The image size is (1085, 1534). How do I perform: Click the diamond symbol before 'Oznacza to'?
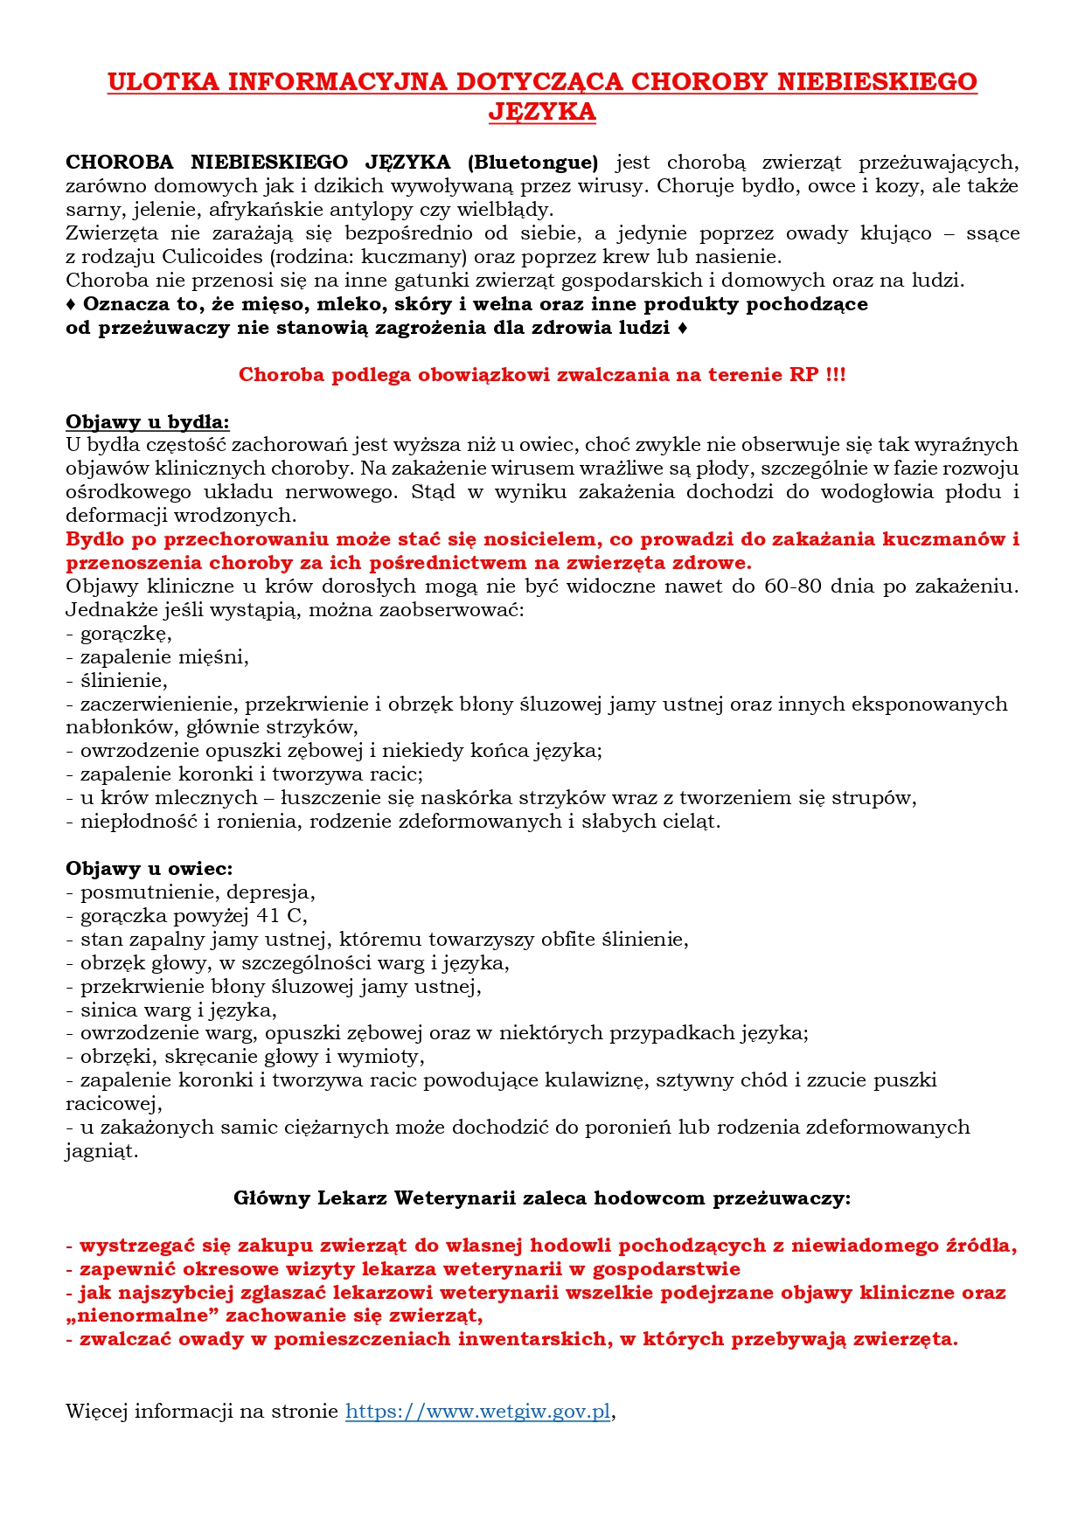pyautogui.click(x=71, y=304)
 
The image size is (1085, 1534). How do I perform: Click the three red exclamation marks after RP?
pyautogui.click(x=836, y=375)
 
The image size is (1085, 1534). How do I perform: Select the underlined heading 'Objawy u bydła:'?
pyautogui.click(x=148, y=422)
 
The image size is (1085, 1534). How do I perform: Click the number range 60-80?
pyautogui.click(x=793, y=586)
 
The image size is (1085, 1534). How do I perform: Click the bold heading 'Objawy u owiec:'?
pyautogui.click(x=150, y=868)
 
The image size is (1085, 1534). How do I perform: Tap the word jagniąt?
pyautogui.click(x=101, y=1151)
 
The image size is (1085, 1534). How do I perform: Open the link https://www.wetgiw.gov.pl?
pyautogui.click(x=478, y=1412)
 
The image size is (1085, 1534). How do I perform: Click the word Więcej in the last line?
pyautogui.click(x=96, y=1412)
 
